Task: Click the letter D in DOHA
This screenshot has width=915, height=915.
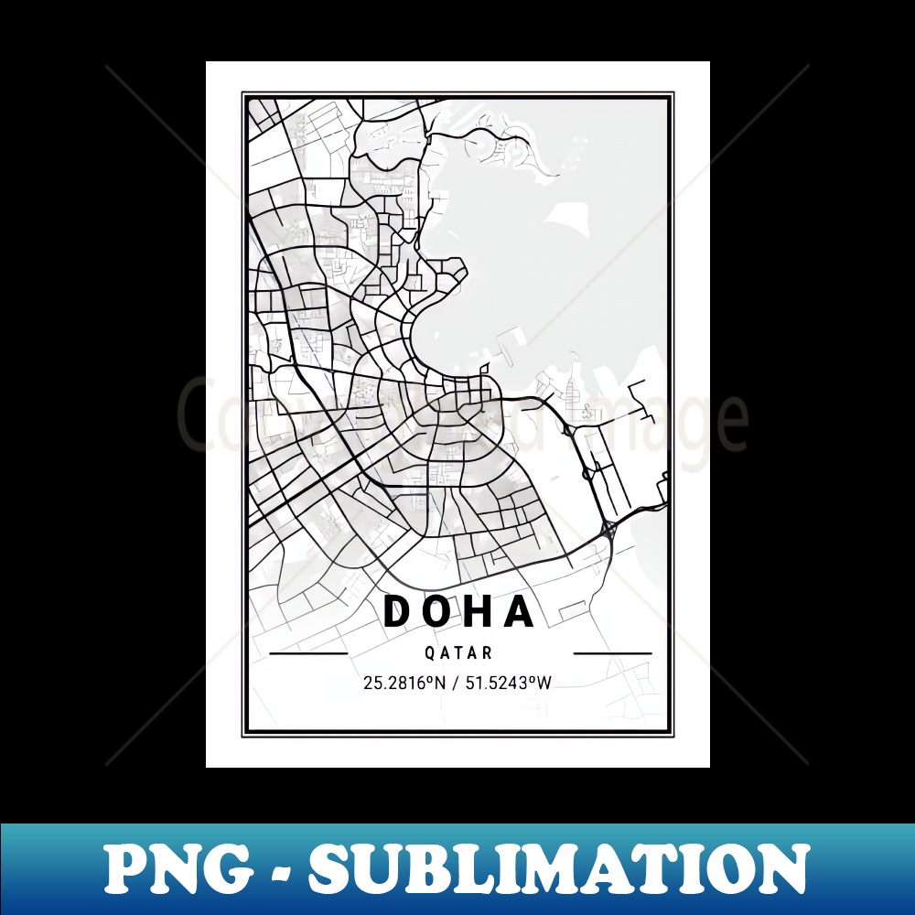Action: (x=400, y=611)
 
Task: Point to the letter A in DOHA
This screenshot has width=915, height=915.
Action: (x=521, y=611)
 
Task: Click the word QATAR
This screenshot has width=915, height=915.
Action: (x=458, y=653)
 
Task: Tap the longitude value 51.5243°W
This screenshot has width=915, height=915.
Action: (x=510, y=682)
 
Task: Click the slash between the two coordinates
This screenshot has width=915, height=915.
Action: (x=457, y=682)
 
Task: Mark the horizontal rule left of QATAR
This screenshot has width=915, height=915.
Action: (x=308, y=654)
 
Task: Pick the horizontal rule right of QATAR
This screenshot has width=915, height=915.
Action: (x=612, y=654)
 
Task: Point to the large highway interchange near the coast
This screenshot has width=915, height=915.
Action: (x=608, y=528)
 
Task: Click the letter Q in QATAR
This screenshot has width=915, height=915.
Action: (x=429, y=653)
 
